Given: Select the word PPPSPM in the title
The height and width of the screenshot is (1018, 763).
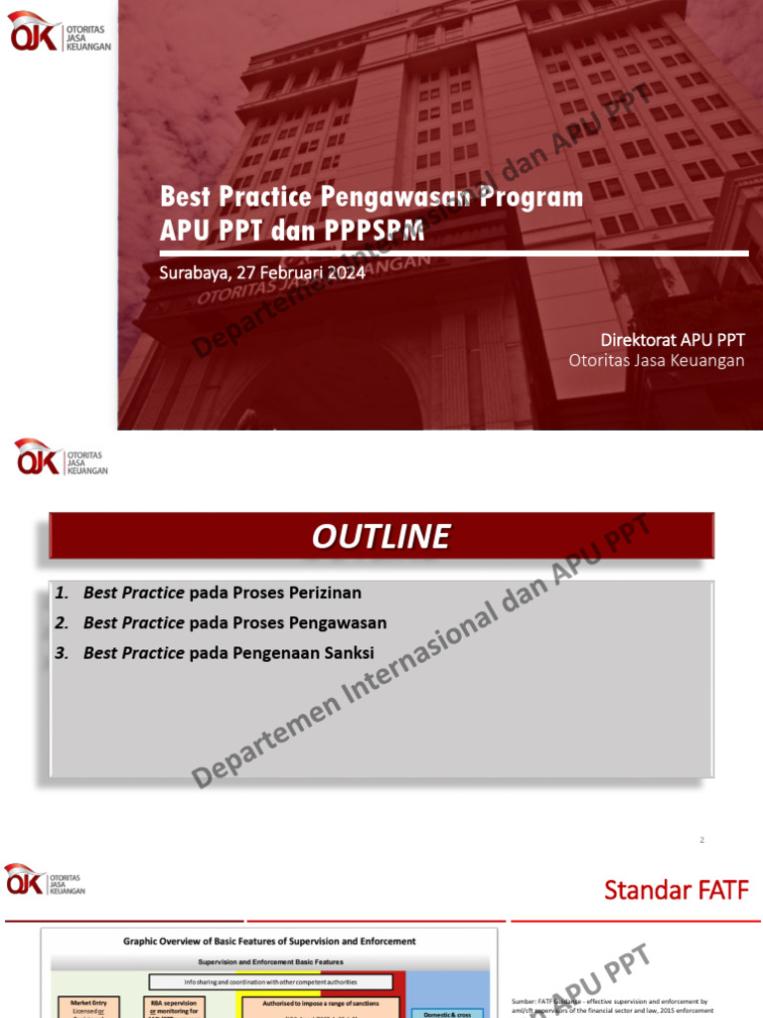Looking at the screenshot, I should tap(375, 231).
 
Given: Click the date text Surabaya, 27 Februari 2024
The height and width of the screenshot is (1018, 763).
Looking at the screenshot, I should tap(262, 273).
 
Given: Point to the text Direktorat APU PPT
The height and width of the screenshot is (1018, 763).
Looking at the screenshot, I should tap(672, 340).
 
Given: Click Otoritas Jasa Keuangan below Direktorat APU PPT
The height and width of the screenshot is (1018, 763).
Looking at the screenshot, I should tap(656, 360).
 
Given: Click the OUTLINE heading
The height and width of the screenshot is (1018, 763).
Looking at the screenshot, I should tap(381, 537).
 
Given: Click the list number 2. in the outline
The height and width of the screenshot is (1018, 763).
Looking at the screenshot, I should tap(62, 623).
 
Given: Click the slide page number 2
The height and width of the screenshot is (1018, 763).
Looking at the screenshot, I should tap(701, 840).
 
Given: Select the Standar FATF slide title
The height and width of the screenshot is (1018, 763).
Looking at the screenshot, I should tap(677, 890).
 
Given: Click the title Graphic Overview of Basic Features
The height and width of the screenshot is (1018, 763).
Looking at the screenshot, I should tap(269, 940).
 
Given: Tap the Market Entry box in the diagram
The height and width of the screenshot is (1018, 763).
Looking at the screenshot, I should tap(88, 1006).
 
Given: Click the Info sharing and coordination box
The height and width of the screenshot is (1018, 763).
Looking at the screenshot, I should tap(268, 982).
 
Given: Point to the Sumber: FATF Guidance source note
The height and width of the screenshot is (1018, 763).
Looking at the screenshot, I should tap(608, 1005).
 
